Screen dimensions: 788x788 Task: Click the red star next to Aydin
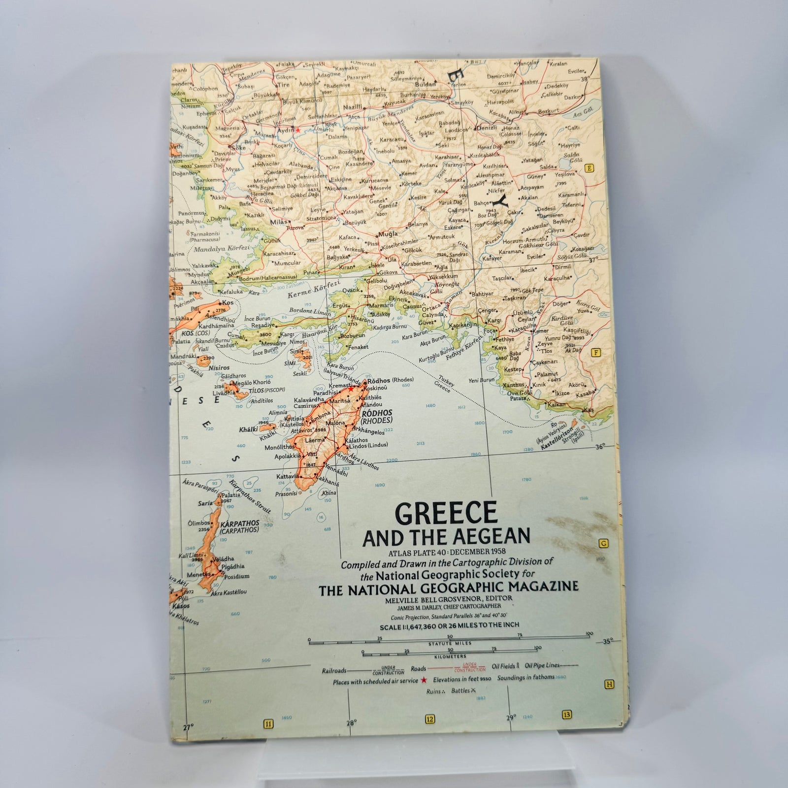pos(297,130)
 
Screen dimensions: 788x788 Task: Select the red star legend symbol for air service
pos(423,681)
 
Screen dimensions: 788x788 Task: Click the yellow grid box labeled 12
pos(430,720)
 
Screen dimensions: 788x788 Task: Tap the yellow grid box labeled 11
pos(268,723)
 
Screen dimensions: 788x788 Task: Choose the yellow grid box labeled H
pos(610,685)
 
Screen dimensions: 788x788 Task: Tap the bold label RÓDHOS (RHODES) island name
pos(376,417)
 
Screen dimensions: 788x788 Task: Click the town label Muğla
pos(388,235)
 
